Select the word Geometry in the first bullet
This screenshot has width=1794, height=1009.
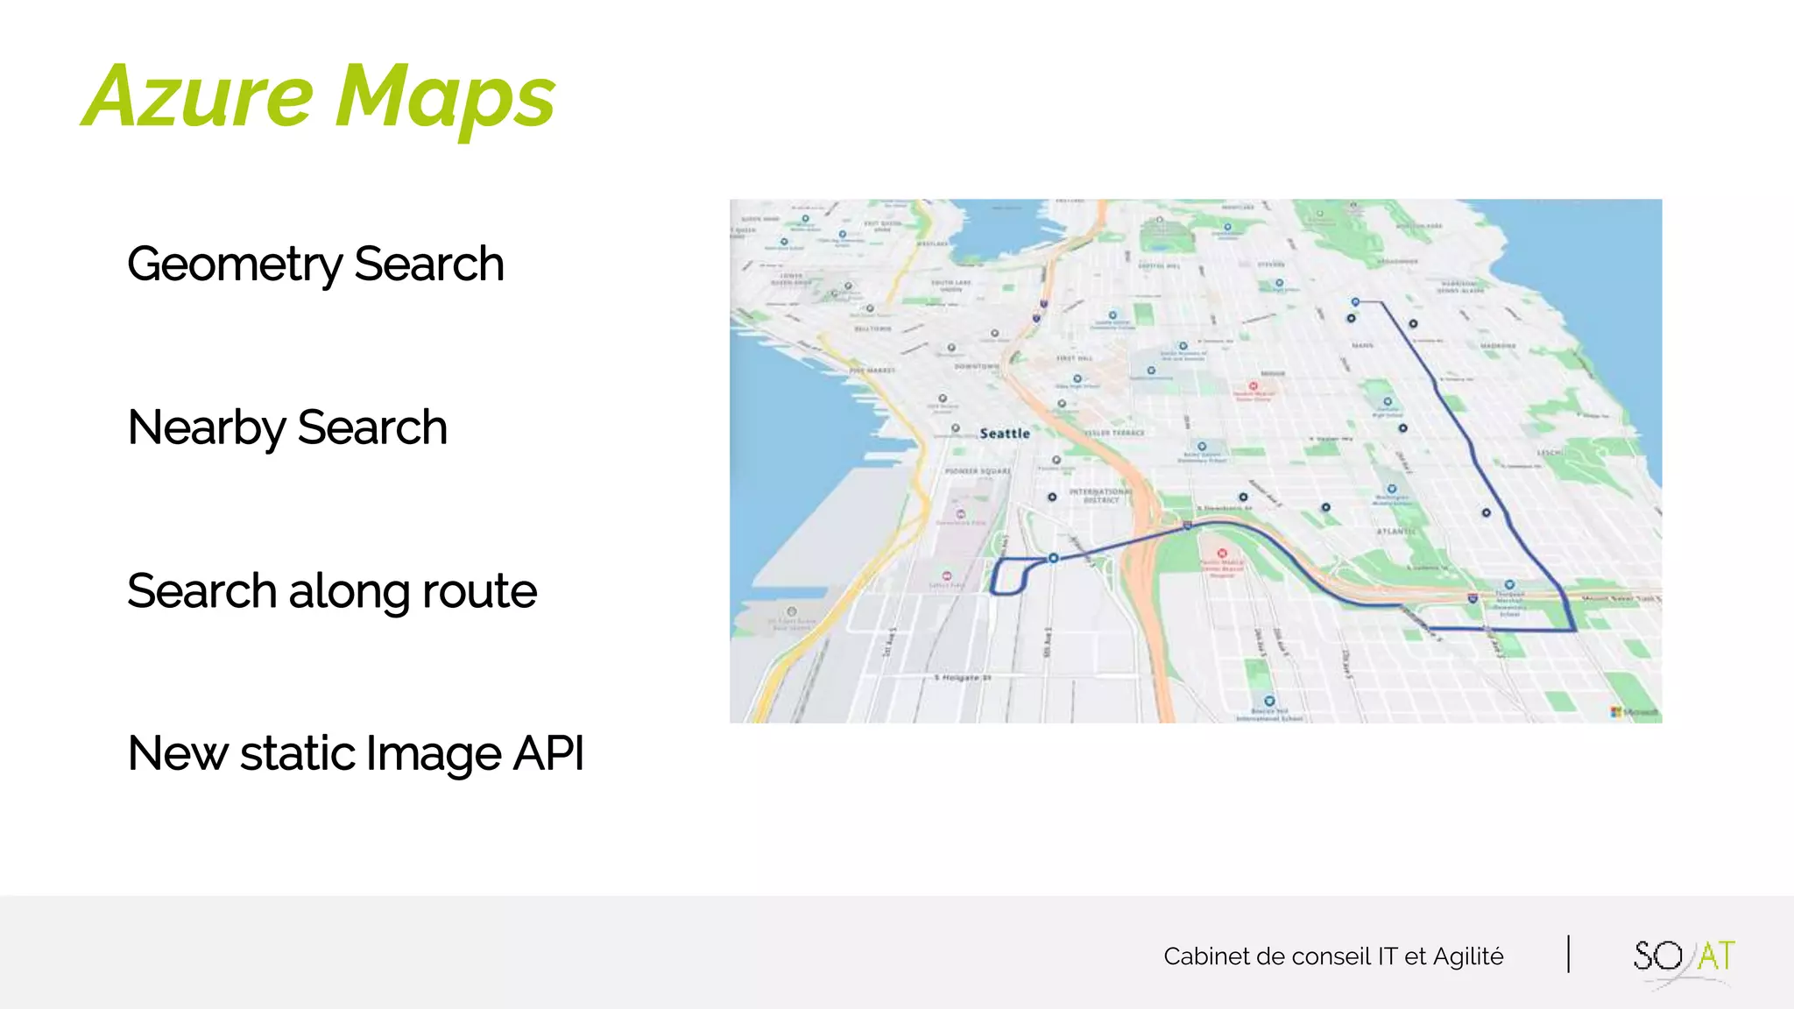point(235,264)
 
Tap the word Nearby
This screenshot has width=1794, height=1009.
point(207,427)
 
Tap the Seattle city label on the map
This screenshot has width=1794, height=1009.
point(1005,434)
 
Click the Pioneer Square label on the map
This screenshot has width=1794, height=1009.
point(978,471)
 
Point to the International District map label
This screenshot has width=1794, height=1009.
point(1101,496)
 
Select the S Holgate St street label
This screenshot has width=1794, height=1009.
point(962,677)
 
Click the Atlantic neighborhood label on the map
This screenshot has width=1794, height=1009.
point(1395,532)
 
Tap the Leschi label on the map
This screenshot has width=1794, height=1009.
point(1549,453)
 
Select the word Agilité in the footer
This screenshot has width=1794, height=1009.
point(1468,956)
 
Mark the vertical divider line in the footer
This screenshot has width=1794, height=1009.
point(1568,955)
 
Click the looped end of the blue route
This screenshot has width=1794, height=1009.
point(1009,576)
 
